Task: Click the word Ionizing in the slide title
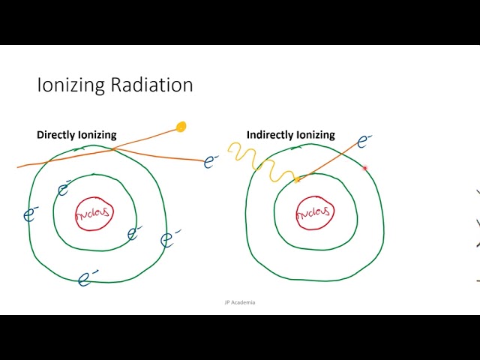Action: coord(70,85)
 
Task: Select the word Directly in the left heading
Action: coord(56,135)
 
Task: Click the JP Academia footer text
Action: coord(239,302)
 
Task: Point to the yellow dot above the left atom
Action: coord(181,127)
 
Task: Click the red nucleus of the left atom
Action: coord(92,213)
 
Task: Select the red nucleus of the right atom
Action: coord(314,213)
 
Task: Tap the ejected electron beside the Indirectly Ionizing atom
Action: coord(364,140)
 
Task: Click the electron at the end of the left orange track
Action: coord(211,161)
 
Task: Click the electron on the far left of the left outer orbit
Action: coord(31,214)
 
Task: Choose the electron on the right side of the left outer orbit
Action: coord(170,239)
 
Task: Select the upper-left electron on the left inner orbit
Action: coord(64,189)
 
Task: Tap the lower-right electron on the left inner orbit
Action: coord(134,233)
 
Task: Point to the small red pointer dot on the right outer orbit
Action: coord(365,169)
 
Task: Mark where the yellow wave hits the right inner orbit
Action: coord(297,180)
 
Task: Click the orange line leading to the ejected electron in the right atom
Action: coord(330,159)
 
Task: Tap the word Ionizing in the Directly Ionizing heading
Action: coord(97,135)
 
